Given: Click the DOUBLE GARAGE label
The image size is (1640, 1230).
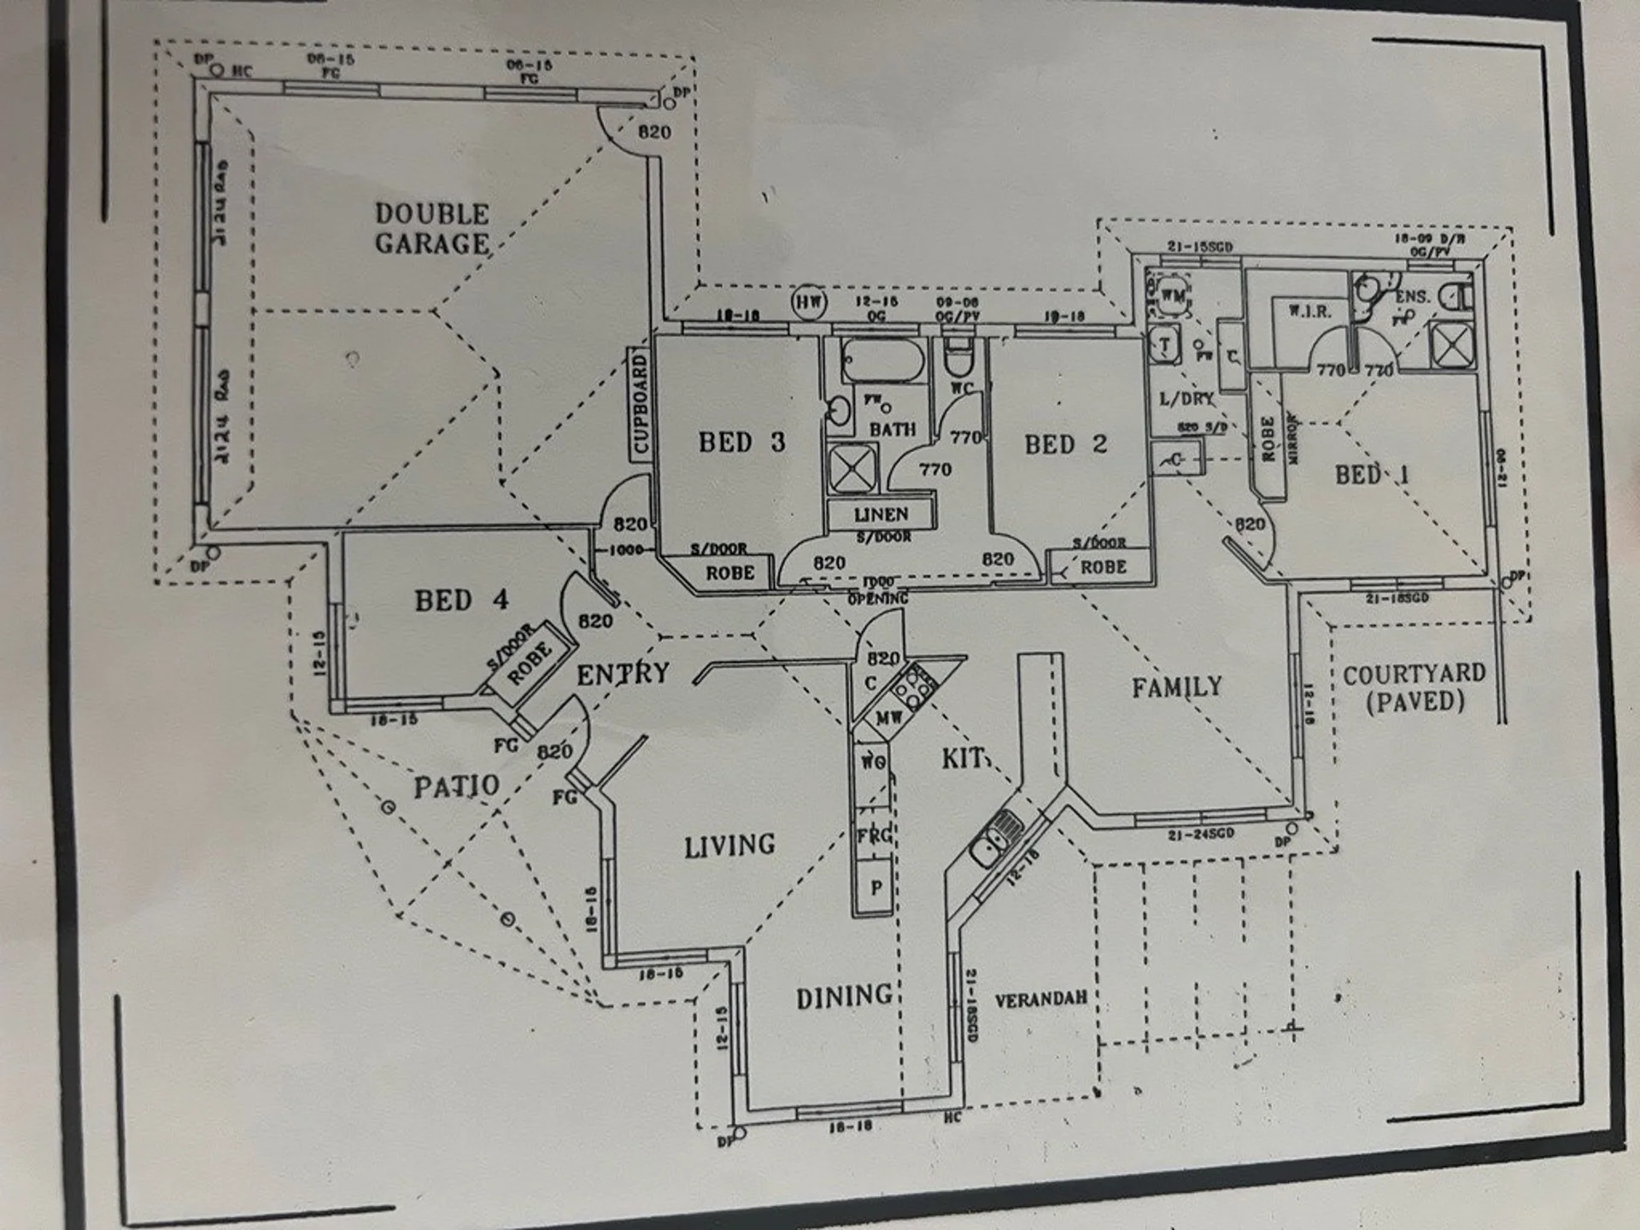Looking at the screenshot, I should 432,229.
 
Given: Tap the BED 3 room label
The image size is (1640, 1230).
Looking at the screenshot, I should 741,442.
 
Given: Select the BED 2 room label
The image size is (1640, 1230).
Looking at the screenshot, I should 1065,444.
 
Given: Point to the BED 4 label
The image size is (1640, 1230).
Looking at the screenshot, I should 461,600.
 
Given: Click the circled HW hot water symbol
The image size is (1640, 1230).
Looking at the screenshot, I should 807,302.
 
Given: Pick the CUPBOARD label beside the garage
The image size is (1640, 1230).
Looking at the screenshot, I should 641,405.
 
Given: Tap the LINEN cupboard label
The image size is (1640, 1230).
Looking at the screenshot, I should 881,515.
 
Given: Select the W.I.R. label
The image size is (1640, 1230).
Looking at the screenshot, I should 1309,312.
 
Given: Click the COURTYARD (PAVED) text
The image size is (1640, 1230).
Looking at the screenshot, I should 1414,688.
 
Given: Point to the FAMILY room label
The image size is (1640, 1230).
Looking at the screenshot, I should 1176,688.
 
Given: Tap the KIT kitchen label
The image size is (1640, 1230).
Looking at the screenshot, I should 963,758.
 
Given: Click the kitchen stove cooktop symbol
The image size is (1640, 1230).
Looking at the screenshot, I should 913,688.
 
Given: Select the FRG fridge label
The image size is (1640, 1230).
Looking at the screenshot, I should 874,835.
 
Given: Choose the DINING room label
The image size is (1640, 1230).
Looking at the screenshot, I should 844,998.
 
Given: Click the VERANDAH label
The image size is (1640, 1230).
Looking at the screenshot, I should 1040,999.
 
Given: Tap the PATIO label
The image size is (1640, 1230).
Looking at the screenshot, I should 457,786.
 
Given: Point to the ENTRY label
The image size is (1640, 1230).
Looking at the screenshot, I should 623,675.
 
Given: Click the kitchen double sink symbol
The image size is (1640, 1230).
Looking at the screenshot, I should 997,838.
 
